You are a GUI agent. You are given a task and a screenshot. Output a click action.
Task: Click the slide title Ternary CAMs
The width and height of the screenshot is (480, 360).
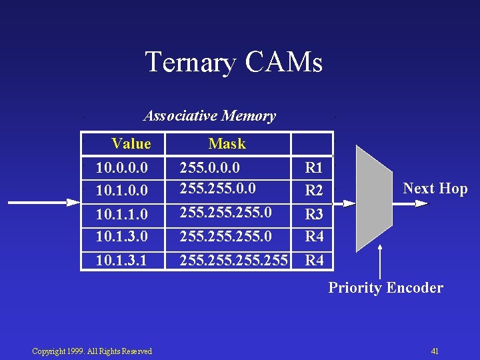coord(233,62)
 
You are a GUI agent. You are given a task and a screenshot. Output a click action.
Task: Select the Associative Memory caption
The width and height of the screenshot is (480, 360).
coord(209,116)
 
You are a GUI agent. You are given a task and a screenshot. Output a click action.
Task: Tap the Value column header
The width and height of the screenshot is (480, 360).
coord(131,143)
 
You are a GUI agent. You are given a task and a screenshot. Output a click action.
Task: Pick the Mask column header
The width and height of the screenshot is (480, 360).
coord(227,143)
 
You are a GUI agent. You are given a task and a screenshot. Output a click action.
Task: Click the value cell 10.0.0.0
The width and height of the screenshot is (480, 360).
coord(122,167)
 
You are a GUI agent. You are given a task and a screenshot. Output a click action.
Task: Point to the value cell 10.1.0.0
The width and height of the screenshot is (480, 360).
coord(122,191)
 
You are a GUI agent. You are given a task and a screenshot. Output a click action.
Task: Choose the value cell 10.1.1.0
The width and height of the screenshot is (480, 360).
coord(122,215)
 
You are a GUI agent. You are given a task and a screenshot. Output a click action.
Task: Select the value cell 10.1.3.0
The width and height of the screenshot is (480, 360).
coord(122,236)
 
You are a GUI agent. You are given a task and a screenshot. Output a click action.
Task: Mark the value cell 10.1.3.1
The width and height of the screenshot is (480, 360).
coord(122,260)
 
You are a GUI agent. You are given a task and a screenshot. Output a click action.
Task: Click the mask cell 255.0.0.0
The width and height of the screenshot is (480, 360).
coord(210,167)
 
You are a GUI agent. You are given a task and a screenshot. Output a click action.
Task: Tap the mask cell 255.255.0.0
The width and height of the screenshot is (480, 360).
coord(218,189)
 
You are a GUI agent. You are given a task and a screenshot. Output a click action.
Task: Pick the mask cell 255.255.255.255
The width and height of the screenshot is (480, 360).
coord(233,260)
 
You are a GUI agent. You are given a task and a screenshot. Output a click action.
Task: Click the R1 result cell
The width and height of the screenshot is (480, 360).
coord(313,167)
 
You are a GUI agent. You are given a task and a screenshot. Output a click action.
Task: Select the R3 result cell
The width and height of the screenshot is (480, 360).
coord(313,215)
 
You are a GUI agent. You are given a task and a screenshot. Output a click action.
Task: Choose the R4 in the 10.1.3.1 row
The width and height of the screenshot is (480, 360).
coord(313,260)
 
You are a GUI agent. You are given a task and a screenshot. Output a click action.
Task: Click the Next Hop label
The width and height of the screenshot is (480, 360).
coord(435,189)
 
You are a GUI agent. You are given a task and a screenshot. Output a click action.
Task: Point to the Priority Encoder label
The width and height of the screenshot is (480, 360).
coord(385,288)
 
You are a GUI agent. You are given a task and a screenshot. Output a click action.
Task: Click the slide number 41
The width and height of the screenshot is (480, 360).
coord(435,351)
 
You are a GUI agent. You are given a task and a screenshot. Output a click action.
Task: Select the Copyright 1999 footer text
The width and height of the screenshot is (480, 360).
coord(92,351)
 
